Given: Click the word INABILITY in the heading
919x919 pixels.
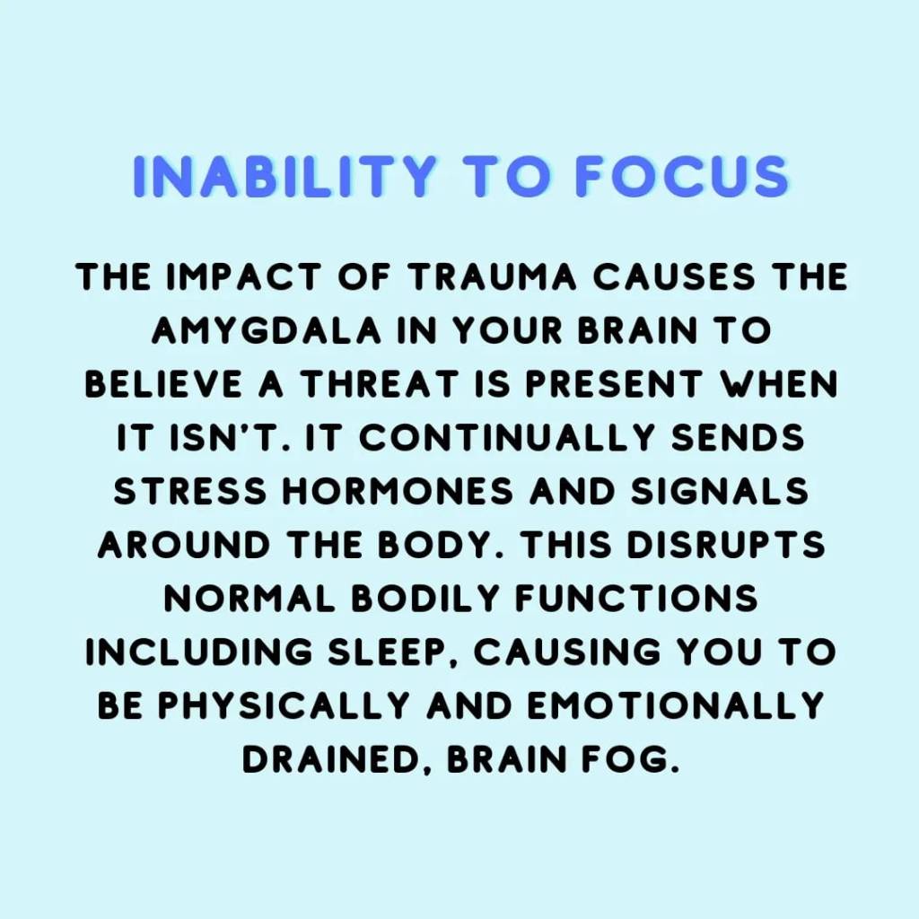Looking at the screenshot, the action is pyautogui.click(x=284, y=176).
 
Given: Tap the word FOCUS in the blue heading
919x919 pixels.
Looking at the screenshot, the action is pyautogui.click(x=682, y=176).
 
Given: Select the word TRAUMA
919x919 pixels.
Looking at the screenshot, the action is pyautogui.click(x=493, y=276).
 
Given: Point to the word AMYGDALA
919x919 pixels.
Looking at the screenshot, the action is pyautogui.click(x=267, y=330).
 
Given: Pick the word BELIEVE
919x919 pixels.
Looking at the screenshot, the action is pyautogui.click(x=163, y=384).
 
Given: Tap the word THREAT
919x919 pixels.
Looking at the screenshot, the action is pyautogui.click(x=380, y=384).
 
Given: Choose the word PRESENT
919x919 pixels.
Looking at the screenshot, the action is pyautogui.click(x=614, y=384).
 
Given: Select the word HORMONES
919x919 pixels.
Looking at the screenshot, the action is pyautogui.click(x=398, y=491).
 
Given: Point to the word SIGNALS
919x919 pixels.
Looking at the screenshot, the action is pyautogui.click(x=719, y=491).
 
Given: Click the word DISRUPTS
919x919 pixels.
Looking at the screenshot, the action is pyautogui.click(x=725, y=545).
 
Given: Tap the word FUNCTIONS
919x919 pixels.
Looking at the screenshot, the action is pyautogui.click(x=636, y=599).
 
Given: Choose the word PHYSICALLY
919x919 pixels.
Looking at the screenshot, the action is pyautogui.click(x=283, y=705).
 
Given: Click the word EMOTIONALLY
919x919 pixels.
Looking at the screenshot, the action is pyautogui.click(x=676, y=705).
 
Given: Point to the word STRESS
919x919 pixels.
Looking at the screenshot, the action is pyautogui.click(x=190, y=491).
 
